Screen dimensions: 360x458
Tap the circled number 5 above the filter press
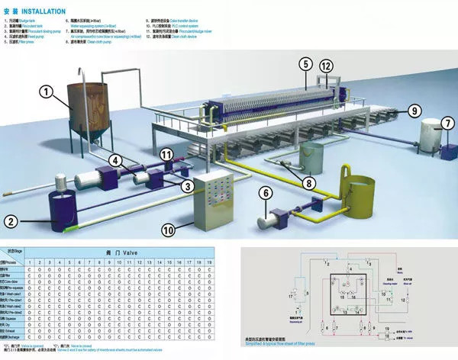(305, 65)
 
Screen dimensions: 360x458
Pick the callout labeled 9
(414, 111)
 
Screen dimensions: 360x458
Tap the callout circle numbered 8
(307, 182)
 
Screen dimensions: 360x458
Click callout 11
(169, 156)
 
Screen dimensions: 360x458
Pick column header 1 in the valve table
(28, 262)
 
